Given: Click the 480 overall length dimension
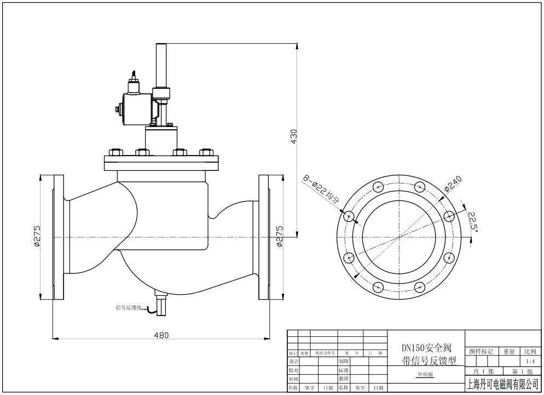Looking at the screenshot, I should pos(161,335).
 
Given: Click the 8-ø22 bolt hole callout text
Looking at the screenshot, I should pos(322,190).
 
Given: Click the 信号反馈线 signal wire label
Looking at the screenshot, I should pos(129,308).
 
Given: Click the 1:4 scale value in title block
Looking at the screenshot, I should pos(530,362).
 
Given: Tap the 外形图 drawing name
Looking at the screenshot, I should pos(425,375).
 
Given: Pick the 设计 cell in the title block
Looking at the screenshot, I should pos(294,362).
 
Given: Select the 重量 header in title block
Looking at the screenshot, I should pos(509,352).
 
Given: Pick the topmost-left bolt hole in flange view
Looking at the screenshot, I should pos(377,187).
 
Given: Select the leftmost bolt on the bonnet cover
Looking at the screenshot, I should pos(115,152).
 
